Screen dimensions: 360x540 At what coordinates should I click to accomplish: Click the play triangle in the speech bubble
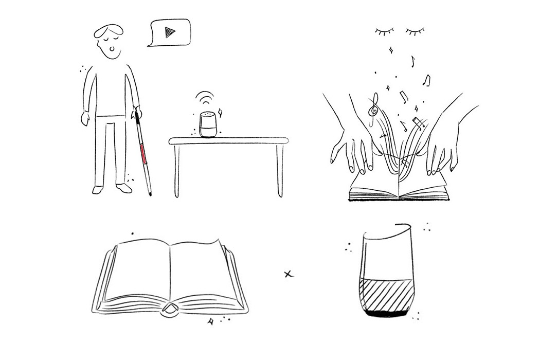click(168, 32)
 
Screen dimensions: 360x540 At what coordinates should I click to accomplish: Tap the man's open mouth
click(113, 50)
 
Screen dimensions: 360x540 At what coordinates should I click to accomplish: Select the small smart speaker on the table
click(207, 124)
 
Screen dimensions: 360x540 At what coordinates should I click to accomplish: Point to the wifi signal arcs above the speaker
click(205, 98)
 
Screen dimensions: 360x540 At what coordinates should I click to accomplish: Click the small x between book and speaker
click(288, 274)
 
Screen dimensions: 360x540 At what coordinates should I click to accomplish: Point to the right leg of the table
click(280, 170)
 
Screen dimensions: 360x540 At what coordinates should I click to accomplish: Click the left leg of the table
click(176, 170)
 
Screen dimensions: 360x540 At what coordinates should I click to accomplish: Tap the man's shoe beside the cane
click(124, 189)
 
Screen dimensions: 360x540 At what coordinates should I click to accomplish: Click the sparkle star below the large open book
click(210, 322)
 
